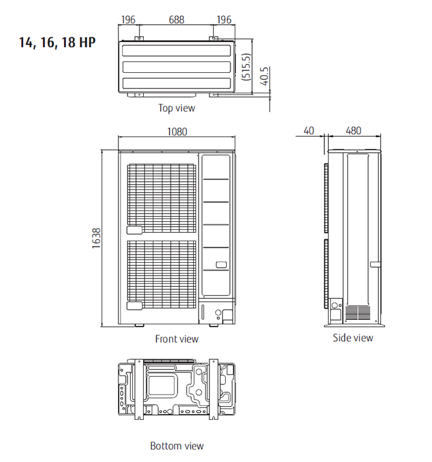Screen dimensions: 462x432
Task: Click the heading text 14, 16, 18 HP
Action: click(57, 43)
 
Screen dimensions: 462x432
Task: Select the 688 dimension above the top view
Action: click(176, 20)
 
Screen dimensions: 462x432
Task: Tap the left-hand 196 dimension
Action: click(128, 20)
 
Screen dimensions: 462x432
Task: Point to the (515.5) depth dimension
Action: click(246, 67)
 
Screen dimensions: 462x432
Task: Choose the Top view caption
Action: click(176, 108)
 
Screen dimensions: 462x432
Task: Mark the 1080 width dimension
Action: click(177, 132)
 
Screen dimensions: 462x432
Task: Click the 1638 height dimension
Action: click(96, 238)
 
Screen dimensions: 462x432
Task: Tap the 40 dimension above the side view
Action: click(309, 131)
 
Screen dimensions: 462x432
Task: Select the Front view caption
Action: click(176, 339)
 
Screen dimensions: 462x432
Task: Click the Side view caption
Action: click(353, 337)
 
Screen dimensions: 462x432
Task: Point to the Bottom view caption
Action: click(176, 446)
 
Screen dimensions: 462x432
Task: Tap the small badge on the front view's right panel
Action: click(221, 264)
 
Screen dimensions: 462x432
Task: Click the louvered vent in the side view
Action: click(359, 313)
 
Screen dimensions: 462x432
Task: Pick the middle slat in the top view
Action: click(176, 67)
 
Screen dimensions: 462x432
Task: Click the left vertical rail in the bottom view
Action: click(138, 391)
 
